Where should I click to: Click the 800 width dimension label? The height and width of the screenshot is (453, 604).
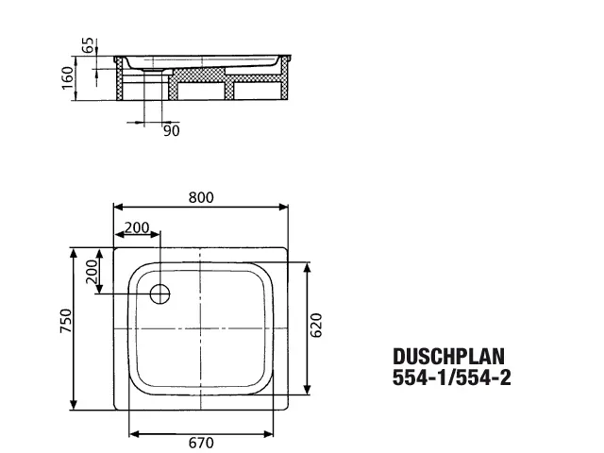(x=201, y=197)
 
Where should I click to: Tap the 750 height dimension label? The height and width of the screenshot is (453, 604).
(x=66, y=321)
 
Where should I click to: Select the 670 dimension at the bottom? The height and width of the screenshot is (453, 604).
(x=201, y=443)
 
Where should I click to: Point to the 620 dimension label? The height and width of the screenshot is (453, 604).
(x=316, y=326)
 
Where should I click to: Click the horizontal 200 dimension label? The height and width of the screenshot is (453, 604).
(x=137, y=227)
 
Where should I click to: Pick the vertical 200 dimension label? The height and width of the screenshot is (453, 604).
(x=92, y=272)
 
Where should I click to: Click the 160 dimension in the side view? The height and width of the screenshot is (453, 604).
(x=67, y=77)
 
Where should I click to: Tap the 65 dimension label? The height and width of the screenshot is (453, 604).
(x=88, y=45)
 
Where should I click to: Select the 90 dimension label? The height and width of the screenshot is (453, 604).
(x=172, y=131)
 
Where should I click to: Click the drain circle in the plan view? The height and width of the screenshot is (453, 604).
(x=159, y=294)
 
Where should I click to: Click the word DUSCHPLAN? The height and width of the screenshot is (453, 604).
(x=449, y=357)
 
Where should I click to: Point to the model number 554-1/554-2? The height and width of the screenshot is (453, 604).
(x=451, y=377)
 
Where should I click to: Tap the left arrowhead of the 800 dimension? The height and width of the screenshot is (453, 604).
(x=118, y=208)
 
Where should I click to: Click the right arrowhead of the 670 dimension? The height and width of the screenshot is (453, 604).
(x=268, y=434)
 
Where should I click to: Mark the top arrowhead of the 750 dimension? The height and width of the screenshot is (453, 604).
(x=74, y=253)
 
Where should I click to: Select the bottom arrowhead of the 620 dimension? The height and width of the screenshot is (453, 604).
(x=307, y=390)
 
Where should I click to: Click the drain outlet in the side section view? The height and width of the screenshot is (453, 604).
(x=153, y=71)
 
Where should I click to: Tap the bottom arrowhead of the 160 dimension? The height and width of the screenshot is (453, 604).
(x=75, y=96)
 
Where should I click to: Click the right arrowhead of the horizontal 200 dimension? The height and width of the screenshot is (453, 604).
(x=155, y=234)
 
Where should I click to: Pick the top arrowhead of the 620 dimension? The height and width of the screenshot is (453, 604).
(x=307, y=267)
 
